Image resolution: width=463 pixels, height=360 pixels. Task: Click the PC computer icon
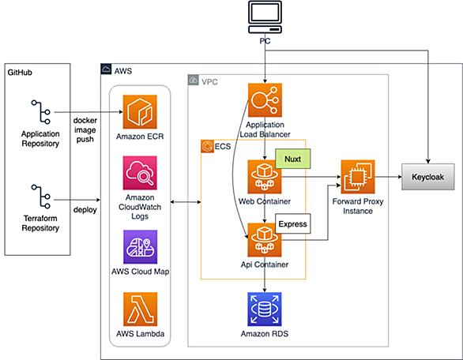click(x=265, y=17)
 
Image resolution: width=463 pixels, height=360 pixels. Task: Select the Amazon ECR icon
click(x=140, y=112)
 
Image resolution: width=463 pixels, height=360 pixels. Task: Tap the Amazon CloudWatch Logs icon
click(x=140, y=173)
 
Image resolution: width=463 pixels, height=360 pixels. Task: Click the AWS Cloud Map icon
click(x=141, y=246)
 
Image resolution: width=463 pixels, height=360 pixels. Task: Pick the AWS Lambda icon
click(x=141, y=309)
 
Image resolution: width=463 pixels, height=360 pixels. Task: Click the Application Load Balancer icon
click(x=265, y=100)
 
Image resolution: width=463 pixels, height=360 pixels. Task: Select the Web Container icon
click(x=265, y=177)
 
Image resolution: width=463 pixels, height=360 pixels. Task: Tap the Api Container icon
click(x=265, y=240)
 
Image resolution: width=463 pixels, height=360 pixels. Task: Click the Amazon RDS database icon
click(x=265, y=309)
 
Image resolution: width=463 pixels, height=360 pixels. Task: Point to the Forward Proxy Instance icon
click(x=358, y=177)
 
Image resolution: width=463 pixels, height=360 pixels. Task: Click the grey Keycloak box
click(x=428, y=177)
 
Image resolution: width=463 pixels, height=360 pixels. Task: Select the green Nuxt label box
click(x=293, y=159)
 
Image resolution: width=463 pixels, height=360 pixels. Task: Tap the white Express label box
click(x=293, y=223)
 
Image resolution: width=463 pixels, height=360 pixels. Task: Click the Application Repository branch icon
click(x=41, y=112)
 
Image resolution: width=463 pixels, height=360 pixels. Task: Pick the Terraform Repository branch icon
click(x=41, y=197)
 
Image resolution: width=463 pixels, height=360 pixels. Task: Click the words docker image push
click(x=85, y=129)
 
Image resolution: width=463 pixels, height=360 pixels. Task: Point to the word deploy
click(x=85, y=210)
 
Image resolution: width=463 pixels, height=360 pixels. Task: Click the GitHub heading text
click(x=20, y=73)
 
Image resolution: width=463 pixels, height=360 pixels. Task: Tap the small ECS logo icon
click(x=207, y=146)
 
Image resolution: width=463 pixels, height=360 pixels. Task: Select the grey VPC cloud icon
click(x=193, y=80)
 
